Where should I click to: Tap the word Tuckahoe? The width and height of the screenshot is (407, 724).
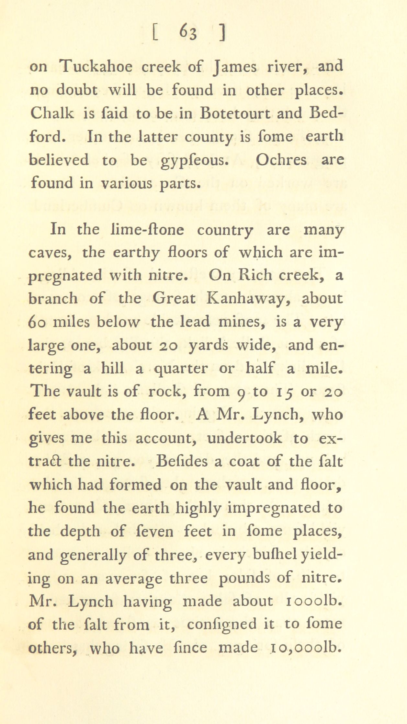pos(96,67)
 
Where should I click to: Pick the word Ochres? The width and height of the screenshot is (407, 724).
pos(281,160)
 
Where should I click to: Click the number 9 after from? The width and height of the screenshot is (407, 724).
pos(240,393)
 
